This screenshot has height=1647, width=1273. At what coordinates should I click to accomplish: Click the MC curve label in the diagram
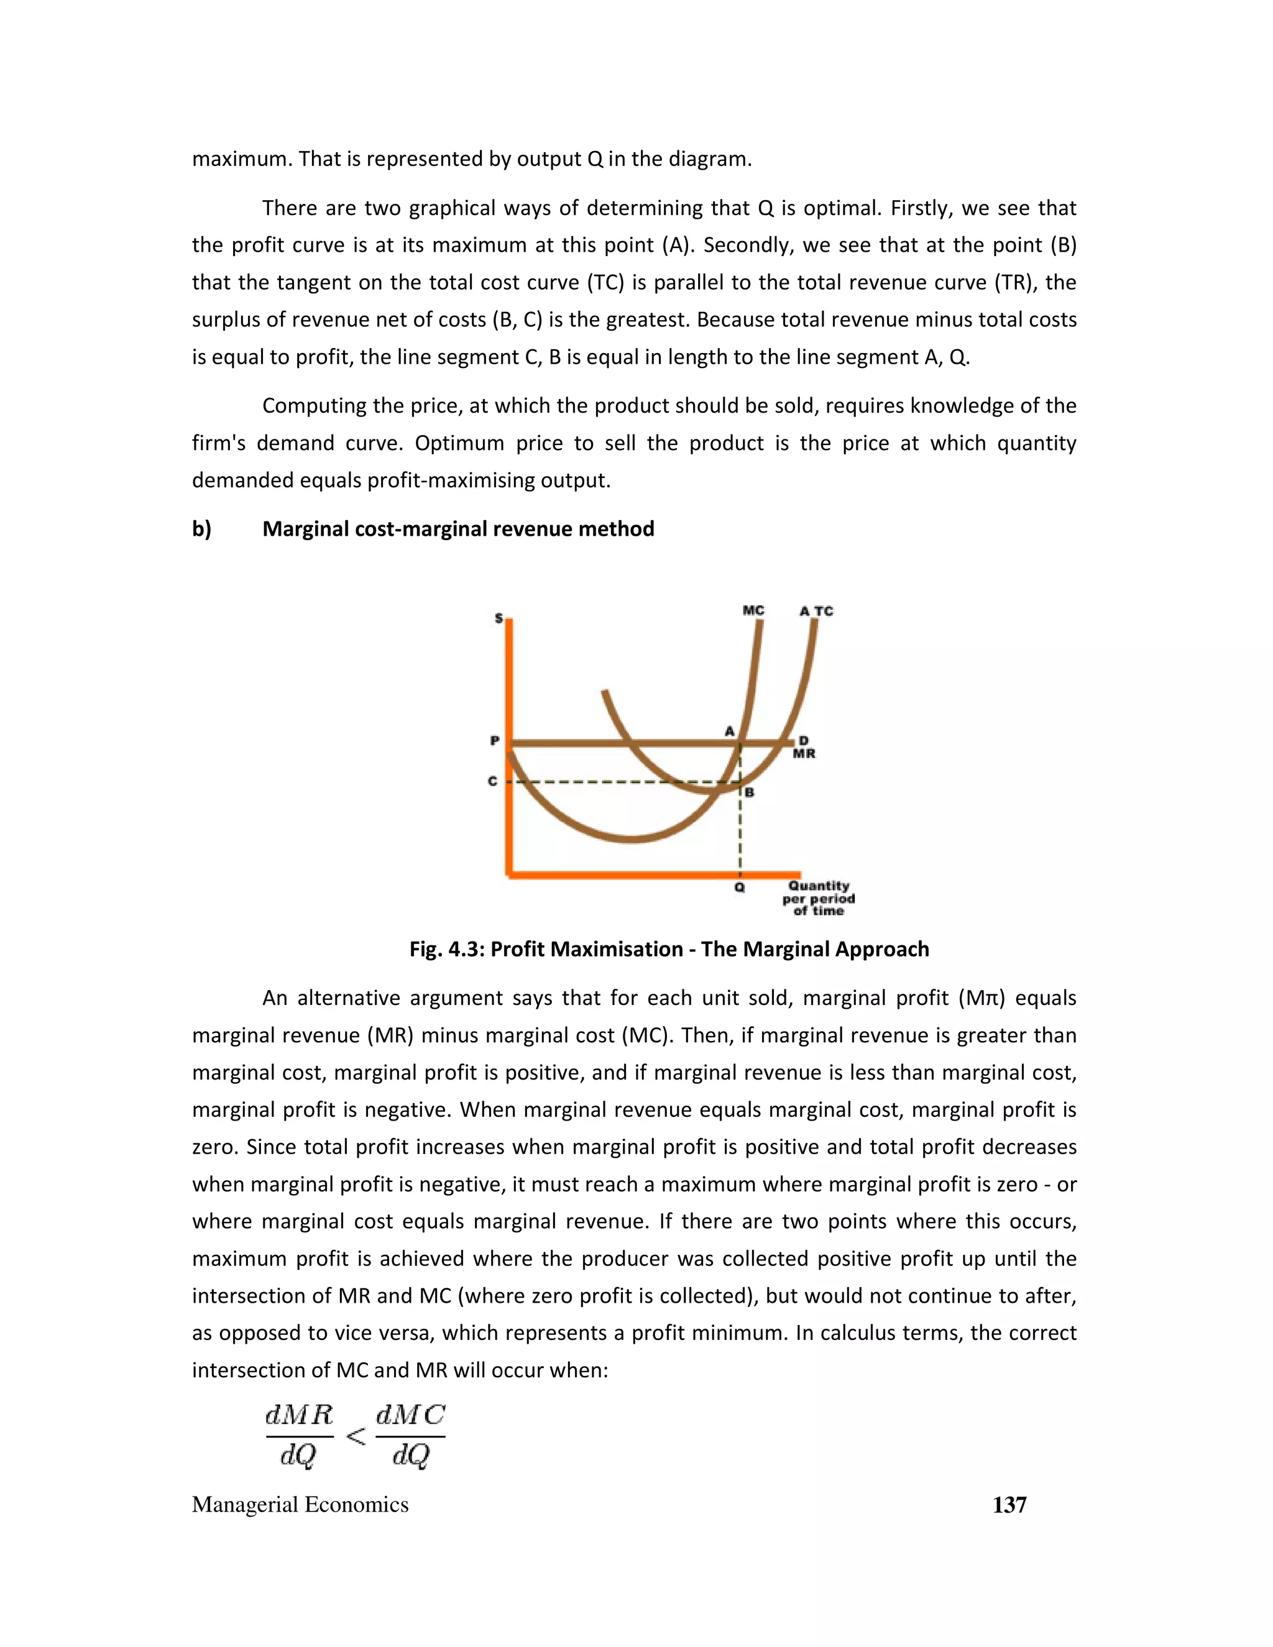pos(753,610)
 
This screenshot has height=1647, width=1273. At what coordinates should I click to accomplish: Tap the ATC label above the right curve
pos(816,611)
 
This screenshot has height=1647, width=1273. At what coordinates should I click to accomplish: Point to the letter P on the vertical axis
pos(495,741)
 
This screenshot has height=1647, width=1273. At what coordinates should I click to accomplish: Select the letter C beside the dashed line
pos(492,781)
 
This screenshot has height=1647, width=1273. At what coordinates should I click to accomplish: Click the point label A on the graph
pos(729,731)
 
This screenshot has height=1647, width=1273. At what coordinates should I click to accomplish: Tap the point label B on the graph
pos(750,792)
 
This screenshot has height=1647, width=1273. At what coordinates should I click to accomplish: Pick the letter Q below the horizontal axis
pos(739,888)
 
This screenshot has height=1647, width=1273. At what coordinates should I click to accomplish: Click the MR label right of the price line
pos(804,753)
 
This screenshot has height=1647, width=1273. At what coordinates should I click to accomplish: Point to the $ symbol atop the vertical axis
pos(499,618)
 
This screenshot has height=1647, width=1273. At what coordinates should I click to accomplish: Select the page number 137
pos(1009,1505)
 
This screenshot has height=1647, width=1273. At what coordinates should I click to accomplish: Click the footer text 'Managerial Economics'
pos(300,1505)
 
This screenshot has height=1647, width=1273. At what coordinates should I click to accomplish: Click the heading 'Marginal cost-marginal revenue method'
pos(457,529)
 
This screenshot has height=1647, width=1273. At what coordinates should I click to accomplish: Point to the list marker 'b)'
pos(201,529)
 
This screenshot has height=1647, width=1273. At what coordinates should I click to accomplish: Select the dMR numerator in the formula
pos(300,1415)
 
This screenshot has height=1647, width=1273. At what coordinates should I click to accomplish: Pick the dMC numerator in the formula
pos(410,1415)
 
